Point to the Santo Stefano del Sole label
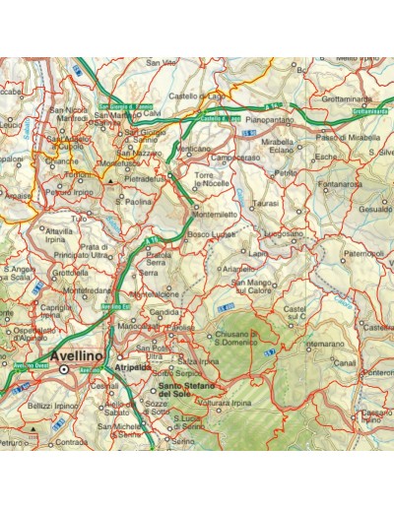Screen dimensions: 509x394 pos(189,391)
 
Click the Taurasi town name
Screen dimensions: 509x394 pos(266,202)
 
